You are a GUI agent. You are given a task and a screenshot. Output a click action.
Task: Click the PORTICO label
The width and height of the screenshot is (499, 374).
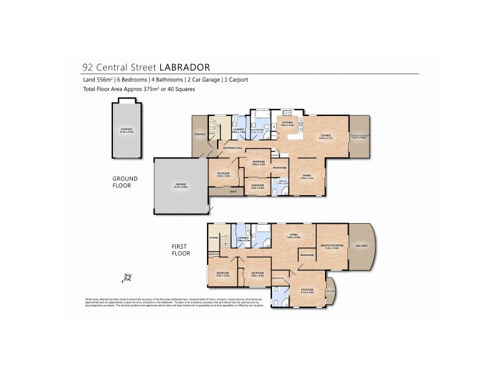(x=200, y=134)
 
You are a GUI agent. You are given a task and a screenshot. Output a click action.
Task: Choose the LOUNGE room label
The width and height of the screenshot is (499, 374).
(x=326, y=136)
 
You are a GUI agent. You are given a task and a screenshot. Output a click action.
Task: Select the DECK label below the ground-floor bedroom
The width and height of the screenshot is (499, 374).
(x=233, y=191)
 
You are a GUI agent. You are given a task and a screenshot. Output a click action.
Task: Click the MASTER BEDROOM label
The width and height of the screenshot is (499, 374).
(x=334, y=247)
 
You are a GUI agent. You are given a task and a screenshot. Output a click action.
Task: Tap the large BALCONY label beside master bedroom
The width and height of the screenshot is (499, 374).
(x=363, y=246)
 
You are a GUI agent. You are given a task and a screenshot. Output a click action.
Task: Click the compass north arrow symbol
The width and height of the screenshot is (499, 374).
(x=128, y=277)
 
